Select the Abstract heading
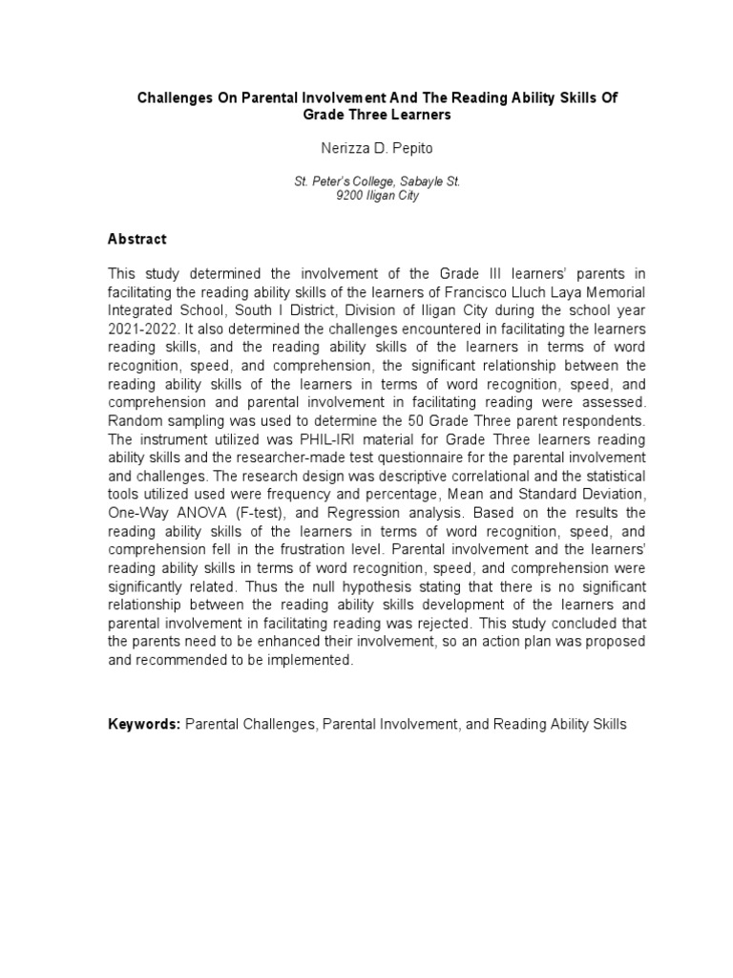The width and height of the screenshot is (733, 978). [x=136, y=239]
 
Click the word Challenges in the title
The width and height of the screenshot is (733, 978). [x=178, y=98]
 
